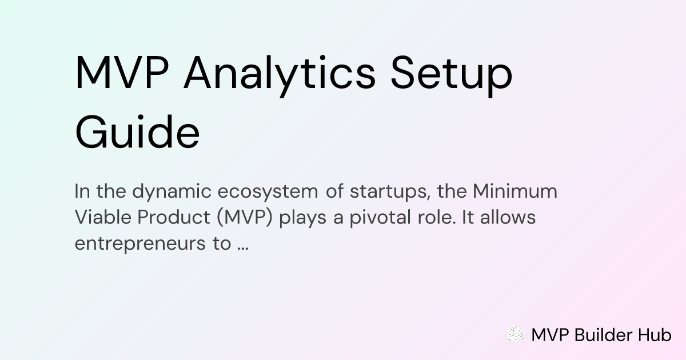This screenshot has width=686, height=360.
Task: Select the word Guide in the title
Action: [x=138, y=132]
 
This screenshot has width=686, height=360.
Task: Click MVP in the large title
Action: [x=122, y=73]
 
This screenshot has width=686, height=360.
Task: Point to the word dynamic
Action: [x=171, y=192]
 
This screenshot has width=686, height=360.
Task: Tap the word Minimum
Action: [x=515, y=191]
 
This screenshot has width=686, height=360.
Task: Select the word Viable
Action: [x=102, y=217]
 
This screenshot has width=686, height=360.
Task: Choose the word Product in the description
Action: [x=174, y=217]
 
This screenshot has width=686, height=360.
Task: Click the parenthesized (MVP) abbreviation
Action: [x=245, y=218]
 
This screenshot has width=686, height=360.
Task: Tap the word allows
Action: [x=508, y=217]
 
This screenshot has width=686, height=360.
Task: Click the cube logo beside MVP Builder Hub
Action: [x=515, y=334]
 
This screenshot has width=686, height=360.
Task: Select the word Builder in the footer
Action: [x=603, y=335]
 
